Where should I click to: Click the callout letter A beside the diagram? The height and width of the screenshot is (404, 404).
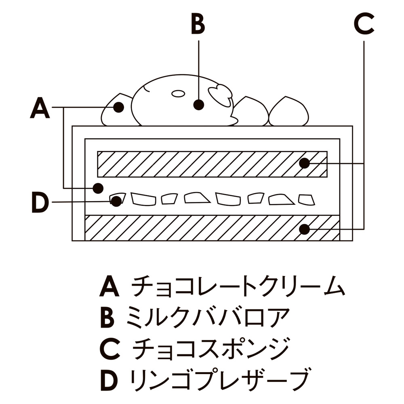coord(40,108)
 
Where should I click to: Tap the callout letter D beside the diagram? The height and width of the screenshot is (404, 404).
coord(40,203)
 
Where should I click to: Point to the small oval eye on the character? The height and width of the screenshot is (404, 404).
coord(178,94)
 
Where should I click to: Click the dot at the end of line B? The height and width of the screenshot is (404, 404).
coord(198,105)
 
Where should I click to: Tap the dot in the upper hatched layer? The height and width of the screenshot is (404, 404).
coord(304,163)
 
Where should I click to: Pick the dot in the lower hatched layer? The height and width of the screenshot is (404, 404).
coord(304,229)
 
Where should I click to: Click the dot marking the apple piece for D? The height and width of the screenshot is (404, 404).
coord(116,201)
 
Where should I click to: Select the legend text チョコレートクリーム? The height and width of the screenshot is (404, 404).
coord(238,286)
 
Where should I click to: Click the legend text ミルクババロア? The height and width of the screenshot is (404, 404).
coord(208,317)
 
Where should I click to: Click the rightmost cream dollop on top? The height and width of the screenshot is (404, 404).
coord(289,111)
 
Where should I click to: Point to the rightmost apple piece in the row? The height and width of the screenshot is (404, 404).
coord(306,199)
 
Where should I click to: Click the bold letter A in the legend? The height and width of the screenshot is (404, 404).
coord(109,286)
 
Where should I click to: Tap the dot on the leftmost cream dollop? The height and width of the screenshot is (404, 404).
coord(118,107)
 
